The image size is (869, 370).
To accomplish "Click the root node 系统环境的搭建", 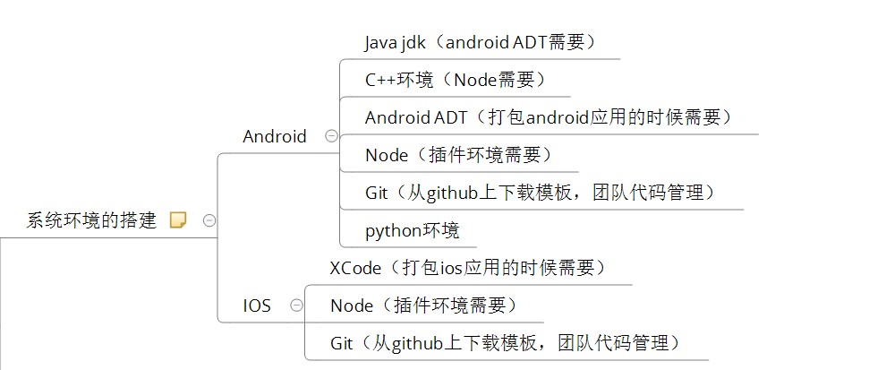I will pyautogui.click(x=91, y=220).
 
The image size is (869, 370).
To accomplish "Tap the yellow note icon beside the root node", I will pyautogui.click(x=178, y=220).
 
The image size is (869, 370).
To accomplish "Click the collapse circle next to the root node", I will pyautogui.click(x=209, y=220).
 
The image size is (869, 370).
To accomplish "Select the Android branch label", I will pyautogui.click(x=275, y=137).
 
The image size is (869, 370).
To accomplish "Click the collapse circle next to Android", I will pyautogui.click(x=331, y=137).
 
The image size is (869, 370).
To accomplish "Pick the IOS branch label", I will pyautogui.click(x=257, y=305).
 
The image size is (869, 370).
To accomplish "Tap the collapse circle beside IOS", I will pyautogui.click(x=296, y=305).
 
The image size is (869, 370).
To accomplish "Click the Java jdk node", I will pyautogui.click(x=480, y=42).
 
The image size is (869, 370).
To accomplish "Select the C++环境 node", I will pyautogui.click(x=455, y=80).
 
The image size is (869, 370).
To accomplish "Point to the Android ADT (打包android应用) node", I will pyautogui.click(x=549, y=117).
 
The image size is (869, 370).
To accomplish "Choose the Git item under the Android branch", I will pyautogui.click(x=541, y=193).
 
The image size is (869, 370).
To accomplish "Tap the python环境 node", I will pyautogui.click(x=412, y=230).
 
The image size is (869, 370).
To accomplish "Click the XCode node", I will pyautogui.click(x=468, y=268).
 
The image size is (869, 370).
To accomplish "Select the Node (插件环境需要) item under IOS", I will pyautogui.click(x=423, y=305).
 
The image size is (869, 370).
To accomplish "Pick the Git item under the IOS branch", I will pyautogui.click(x=506, y=343).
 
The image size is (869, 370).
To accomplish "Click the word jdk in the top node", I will pyautogui.click(x=417, y=42).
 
